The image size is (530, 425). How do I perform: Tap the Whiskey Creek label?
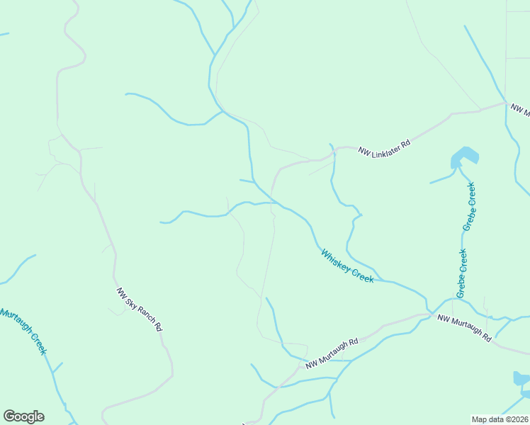346,266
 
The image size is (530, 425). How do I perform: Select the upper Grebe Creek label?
469,206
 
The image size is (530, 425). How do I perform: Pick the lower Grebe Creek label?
462,273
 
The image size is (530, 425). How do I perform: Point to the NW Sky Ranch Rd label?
140,310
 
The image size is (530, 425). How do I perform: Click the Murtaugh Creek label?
23,331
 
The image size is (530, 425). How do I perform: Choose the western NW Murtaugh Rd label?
332,352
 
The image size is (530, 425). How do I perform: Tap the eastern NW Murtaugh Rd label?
464,329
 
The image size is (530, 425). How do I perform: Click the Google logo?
23,416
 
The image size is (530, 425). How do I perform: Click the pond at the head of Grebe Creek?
463,156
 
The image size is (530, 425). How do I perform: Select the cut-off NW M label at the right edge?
520,110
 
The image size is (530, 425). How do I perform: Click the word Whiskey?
336,259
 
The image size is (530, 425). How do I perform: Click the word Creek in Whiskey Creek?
362,276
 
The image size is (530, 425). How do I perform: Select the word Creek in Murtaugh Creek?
38,344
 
